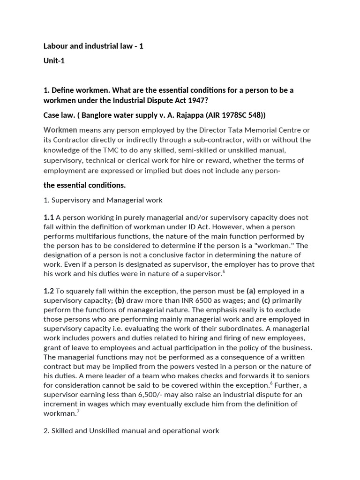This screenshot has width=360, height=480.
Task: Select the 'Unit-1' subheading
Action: coord(54,61)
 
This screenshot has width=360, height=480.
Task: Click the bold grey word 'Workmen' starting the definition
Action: coord(60,130)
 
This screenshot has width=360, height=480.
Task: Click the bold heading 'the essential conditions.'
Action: coord(84,185)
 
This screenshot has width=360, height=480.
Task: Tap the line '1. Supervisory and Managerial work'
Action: coord(103,200)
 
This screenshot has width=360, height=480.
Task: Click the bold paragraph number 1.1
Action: coord(49,217)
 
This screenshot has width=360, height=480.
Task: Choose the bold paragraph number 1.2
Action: coord(49,291)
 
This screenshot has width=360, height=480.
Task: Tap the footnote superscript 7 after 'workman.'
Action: coord(78,412)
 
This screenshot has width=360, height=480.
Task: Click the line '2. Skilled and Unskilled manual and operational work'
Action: coord(131,430)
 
